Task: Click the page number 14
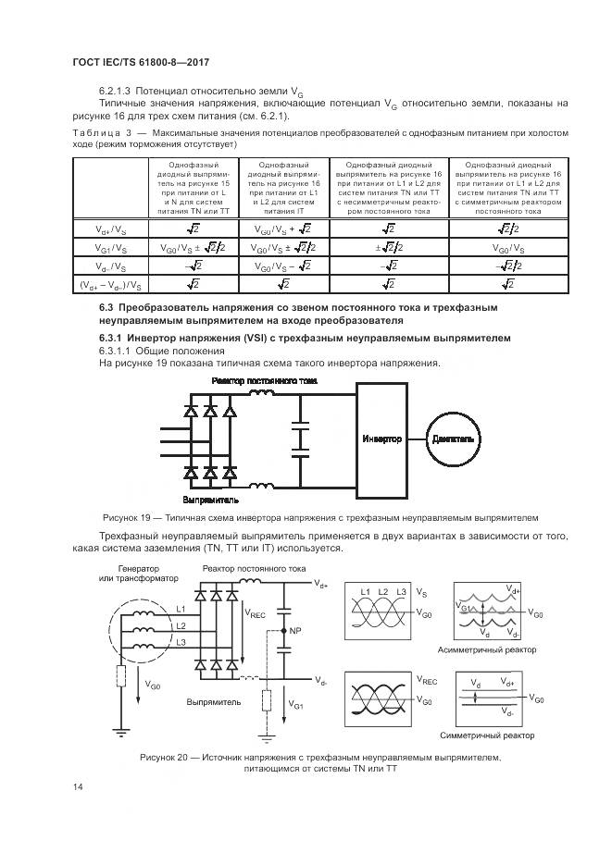click(77, 787)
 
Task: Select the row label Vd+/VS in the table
click(113, 229)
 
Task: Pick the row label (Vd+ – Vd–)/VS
click(113, 285)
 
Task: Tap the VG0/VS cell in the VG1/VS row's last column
click(506, 248)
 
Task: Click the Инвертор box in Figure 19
click(381, 439)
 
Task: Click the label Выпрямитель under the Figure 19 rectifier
click(217, 499)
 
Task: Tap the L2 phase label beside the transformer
click(180, 626)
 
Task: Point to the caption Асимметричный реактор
click(486, 649)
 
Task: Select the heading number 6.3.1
click(114, 339)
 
